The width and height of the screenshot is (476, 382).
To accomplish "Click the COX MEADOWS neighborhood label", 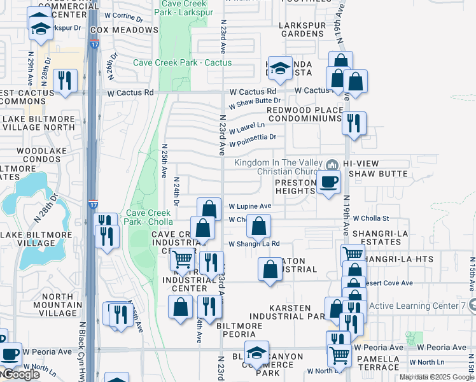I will click(x=123, y=30).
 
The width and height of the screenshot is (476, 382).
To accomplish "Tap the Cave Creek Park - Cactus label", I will click(x=182, y=62).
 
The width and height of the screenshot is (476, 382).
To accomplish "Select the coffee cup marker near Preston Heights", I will click(x=328, y=182).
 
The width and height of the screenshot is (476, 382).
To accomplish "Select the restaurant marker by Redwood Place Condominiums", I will click(x=354, y=122).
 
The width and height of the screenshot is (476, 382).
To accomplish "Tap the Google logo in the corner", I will click(x=20, y=375).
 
